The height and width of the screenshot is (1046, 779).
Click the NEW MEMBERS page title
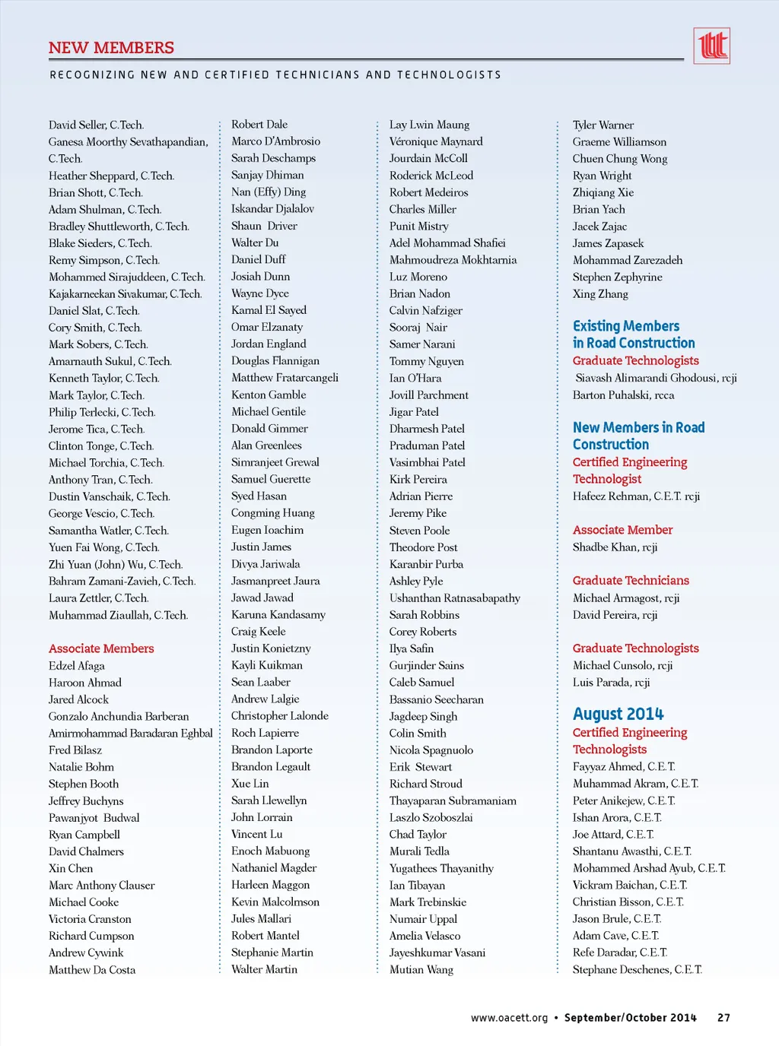pyautogui.click(x=111, y=48)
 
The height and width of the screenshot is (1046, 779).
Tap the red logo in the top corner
pyautogui.click(x=712, y=46)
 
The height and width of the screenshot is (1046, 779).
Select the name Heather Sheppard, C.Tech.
pyautogui.click(x=111, y=176)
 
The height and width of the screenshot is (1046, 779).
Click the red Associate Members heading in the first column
pyautogui.click(x=101, y=648)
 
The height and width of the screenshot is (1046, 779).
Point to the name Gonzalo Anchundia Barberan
pyautogui.click(x=119, y=716)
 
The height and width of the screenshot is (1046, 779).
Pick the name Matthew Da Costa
pyautogui.click(x=92, y=970)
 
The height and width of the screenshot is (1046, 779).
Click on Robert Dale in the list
pyautogui.click(x=259, y=125)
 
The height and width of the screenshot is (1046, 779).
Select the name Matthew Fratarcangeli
pyautogui.click(x=285, y=378)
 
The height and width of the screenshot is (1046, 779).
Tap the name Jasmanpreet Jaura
pyautogui.click(x=275, y=581)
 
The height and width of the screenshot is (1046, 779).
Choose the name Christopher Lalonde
pyautogui.click(x=280, y=716)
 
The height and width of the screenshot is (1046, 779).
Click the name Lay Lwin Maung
pyautogui.click(x=429, y=125)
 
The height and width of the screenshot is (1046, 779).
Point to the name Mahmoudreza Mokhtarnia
pyautogui.click(x=453, y=260)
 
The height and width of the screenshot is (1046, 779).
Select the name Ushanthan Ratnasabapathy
pyautogui.click(x=455, y=598)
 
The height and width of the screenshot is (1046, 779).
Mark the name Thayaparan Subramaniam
pyautogui.click(x=453, y=800)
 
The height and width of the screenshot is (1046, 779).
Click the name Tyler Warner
pyautogui.click(x=603, y=125)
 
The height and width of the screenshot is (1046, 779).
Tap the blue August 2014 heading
pyautogui.click(x=618, y=714)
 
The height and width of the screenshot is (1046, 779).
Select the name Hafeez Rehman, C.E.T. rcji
pyautogui.click(x=636, y=496)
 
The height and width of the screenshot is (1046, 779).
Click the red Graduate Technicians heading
pyautogui.click(x=631, y=581)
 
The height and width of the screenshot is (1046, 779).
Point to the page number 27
pyautogui.click(x=723, y=1018)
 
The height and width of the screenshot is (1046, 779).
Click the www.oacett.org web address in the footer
pyautogui.click(x=509, y=1018)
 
